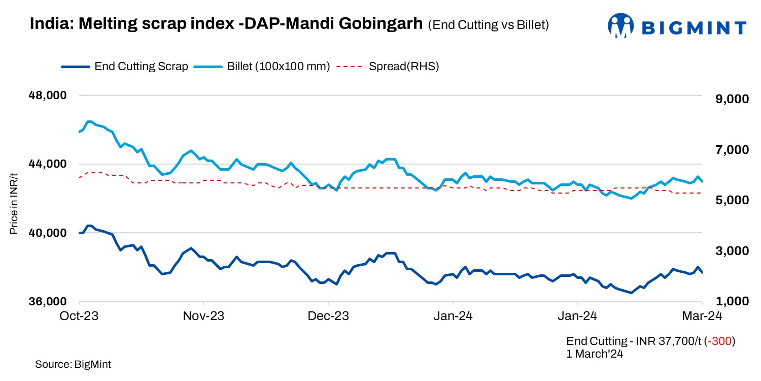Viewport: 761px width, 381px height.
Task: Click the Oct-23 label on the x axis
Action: [x=79, y=316]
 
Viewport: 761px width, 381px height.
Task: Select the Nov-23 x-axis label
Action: [x=203, y=316]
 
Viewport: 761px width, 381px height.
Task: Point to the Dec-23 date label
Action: [x=328, y=316]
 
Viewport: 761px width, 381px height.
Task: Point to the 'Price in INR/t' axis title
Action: [x=14, y=204]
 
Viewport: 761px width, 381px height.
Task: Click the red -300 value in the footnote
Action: [x=720, y=341]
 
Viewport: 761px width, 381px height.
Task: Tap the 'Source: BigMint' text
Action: [x=73, y=364]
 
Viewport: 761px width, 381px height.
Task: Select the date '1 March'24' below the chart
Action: [x=595, y=354]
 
